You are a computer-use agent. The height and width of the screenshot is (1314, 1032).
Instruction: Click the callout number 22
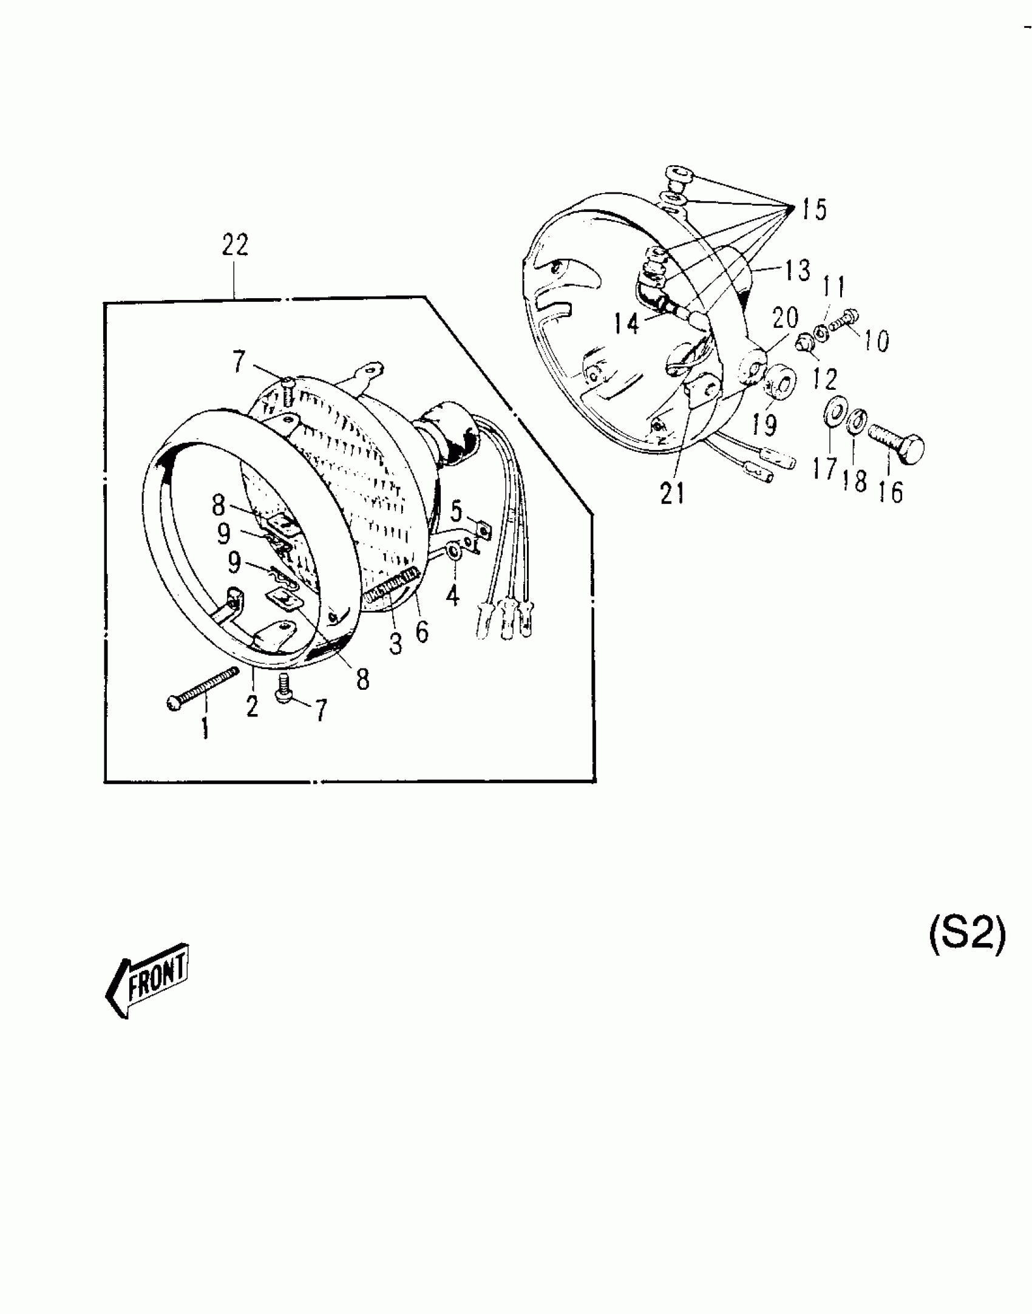(x=235, y=246)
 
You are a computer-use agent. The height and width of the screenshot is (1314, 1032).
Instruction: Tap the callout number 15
(x=813, y=210)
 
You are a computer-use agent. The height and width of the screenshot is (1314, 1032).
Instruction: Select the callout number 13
(x=798, y=271)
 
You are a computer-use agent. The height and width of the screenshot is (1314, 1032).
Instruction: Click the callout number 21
(x=673, y=494)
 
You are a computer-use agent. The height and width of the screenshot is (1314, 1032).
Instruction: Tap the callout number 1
(x=205, y=727)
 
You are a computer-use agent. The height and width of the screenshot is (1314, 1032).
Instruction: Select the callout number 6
(x=421, y=633)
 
